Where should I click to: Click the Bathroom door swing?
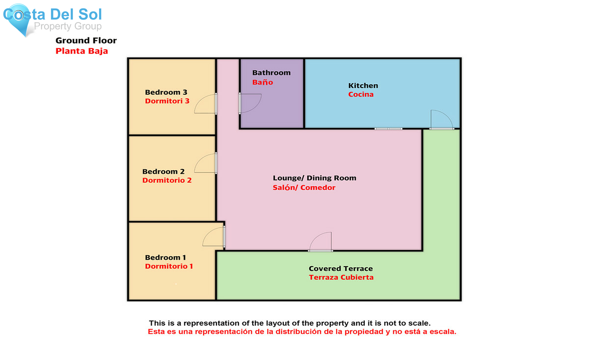[250, 103]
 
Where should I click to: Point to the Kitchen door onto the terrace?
[441, 120]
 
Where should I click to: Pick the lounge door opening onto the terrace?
[321, 242]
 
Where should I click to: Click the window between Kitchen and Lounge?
[388, 129]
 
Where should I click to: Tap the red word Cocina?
[361, 95]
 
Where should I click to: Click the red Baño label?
[262, 82]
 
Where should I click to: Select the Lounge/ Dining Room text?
[314, 178]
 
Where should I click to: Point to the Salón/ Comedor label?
[304, 188]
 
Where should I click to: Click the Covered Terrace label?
[341, 269]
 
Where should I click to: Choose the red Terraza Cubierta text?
[341, 278]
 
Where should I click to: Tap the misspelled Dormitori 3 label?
[167, 101]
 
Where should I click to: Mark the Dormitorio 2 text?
[167, 180]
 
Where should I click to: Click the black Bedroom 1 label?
[166, 258]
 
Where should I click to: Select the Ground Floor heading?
[86, 41]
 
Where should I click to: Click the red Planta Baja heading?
[81, 51]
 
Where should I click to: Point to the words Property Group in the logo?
[68, 26]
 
